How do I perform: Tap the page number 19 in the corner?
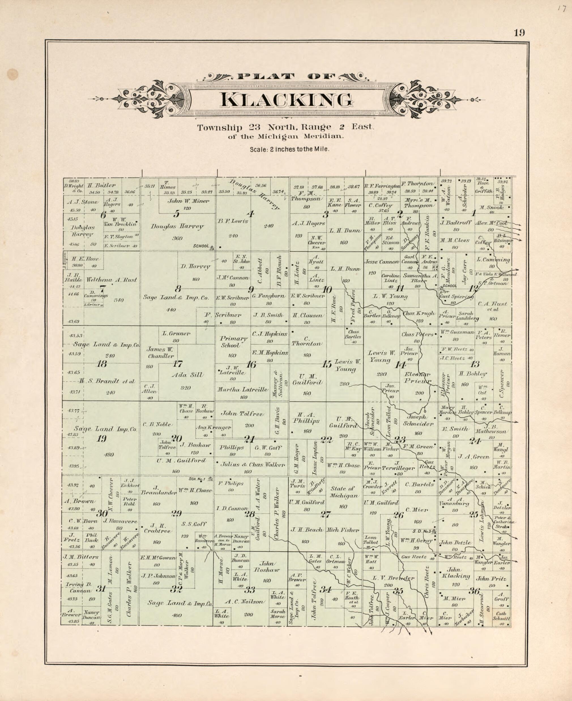coord(518,33)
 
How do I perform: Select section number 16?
coord(251,365)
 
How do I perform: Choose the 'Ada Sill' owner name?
coord(187,375)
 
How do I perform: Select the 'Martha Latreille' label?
coord(242,389)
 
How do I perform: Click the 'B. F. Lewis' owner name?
coord(232,221)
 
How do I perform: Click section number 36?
coord(475,591)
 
